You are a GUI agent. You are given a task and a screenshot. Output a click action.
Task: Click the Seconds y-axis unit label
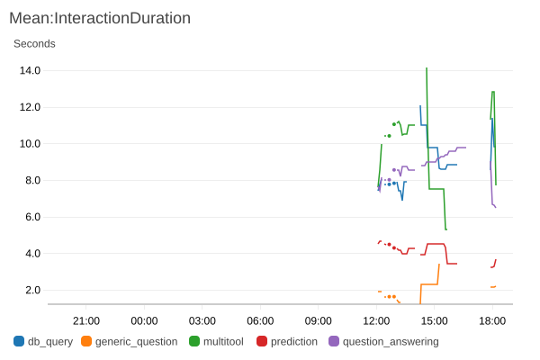point(34,43)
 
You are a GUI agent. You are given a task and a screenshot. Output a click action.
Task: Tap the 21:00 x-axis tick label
point(86,320)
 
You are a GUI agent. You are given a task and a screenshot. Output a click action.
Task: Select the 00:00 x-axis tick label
point(144,320)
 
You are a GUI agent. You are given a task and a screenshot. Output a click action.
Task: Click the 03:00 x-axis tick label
point(202,320)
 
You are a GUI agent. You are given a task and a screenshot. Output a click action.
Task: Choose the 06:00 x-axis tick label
point(260,320)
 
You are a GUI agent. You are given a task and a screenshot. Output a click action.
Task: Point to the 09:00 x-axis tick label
point(319,320)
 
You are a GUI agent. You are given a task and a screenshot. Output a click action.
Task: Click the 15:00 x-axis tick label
point(435,320)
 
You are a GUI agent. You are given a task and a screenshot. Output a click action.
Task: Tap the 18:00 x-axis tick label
point(492,320)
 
